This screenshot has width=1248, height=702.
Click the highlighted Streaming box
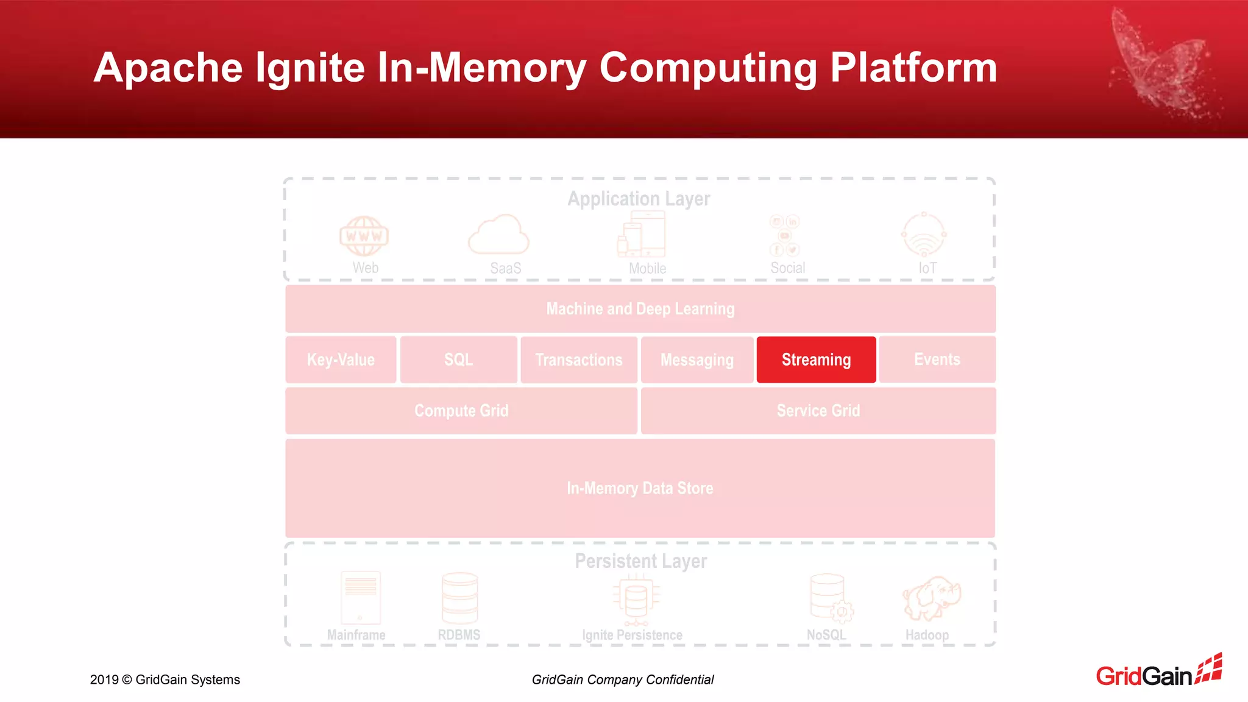(816, 360)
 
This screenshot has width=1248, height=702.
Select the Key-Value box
(341, 360)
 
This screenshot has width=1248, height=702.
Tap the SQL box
(458, 360)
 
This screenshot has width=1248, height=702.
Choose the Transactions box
(579, 360)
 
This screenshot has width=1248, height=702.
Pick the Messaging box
(697, 360)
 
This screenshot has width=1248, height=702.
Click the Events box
(937, 360)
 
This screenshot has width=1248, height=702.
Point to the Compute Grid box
(461, 411)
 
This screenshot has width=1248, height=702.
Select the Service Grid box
(818, 411)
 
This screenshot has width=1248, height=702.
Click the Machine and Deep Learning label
(640, 309)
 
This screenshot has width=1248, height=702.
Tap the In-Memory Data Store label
(640, 488)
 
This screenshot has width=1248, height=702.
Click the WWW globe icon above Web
(364, 236)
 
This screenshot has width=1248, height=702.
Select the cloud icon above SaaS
(498, 235)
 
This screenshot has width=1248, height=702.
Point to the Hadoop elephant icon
(931, 598)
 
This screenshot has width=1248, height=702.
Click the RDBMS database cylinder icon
(459, 598)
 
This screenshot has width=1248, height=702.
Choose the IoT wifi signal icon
(924, 235)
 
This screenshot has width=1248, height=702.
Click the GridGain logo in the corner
(1158, 671)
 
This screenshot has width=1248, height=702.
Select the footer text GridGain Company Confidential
(622, 679)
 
